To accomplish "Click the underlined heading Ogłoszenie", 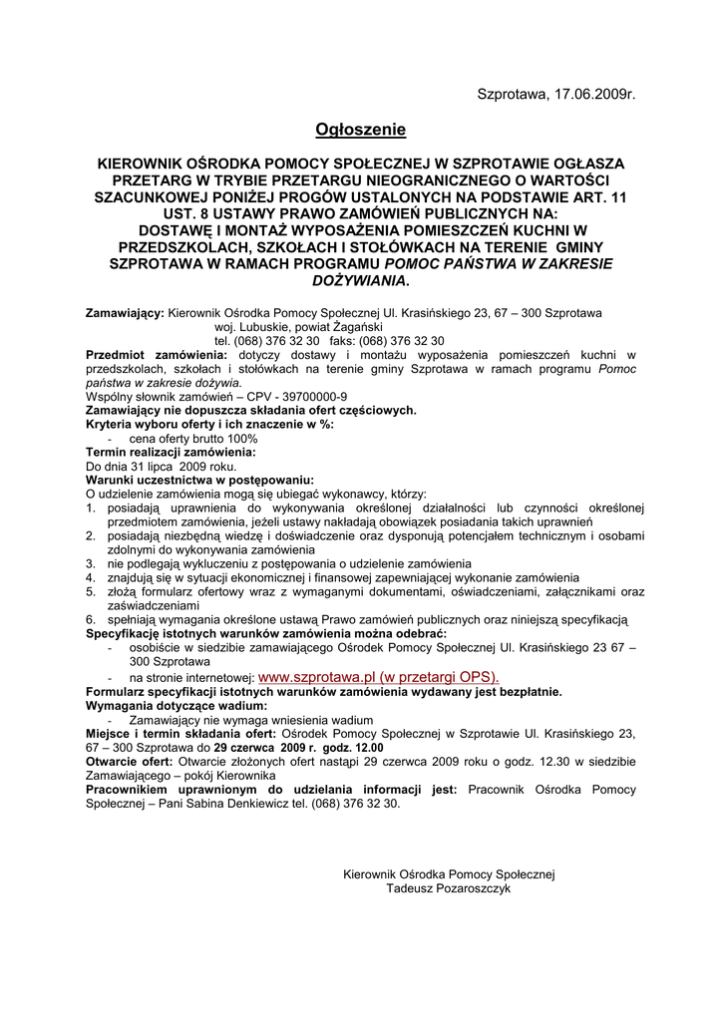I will pyautogui.click(x=361, y=130).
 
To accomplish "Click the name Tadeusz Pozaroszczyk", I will pyautogui.click(x=448, y=888).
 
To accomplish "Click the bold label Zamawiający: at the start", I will pyautogui.click(x=125, y=312).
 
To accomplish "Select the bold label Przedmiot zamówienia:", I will pyautogui.click(x=157, y=354).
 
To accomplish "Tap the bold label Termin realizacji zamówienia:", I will pyautogui.click(x=171, y=452).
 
